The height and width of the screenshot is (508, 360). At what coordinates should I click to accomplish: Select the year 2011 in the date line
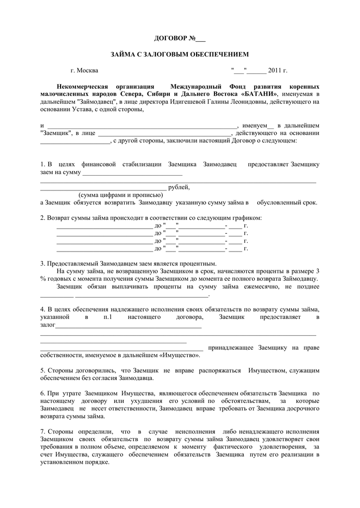(x=275, y=70)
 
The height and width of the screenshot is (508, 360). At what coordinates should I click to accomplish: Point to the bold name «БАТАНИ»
(x=262, y=94)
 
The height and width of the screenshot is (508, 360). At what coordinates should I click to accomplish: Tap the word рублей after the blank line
(x=179, y=188)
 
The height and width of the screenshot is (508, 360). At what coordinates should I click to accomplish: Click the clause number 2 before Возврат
(x=42, y=218)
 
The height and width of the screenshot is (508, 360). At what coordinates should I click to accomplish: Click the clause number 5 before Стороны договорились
(x=42, y=370)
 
